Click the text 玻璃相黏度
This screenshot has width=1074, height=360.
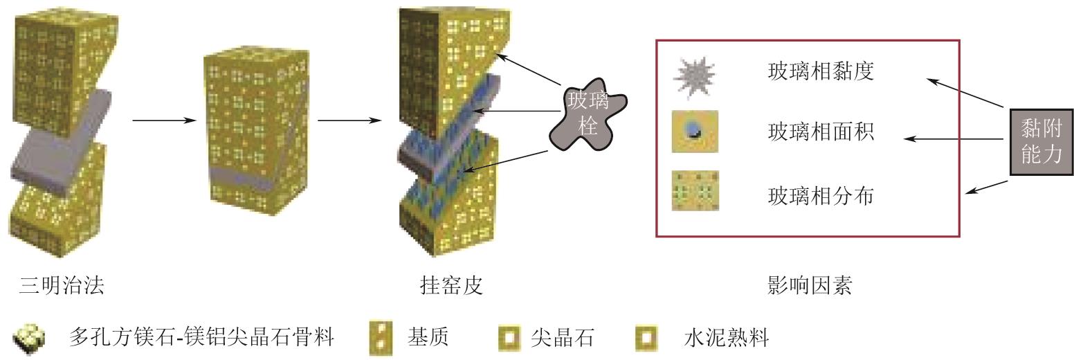click(821, 71)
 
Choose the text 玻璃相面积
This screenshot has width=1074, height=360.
click(821, 132)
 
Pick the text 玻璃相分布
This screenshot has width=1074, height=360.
click(821, 196)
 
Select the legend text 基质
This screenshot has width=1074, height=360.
click(428, 338)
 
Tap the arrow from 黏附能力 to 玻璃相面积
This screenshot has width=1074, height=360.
click(954, 138)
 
